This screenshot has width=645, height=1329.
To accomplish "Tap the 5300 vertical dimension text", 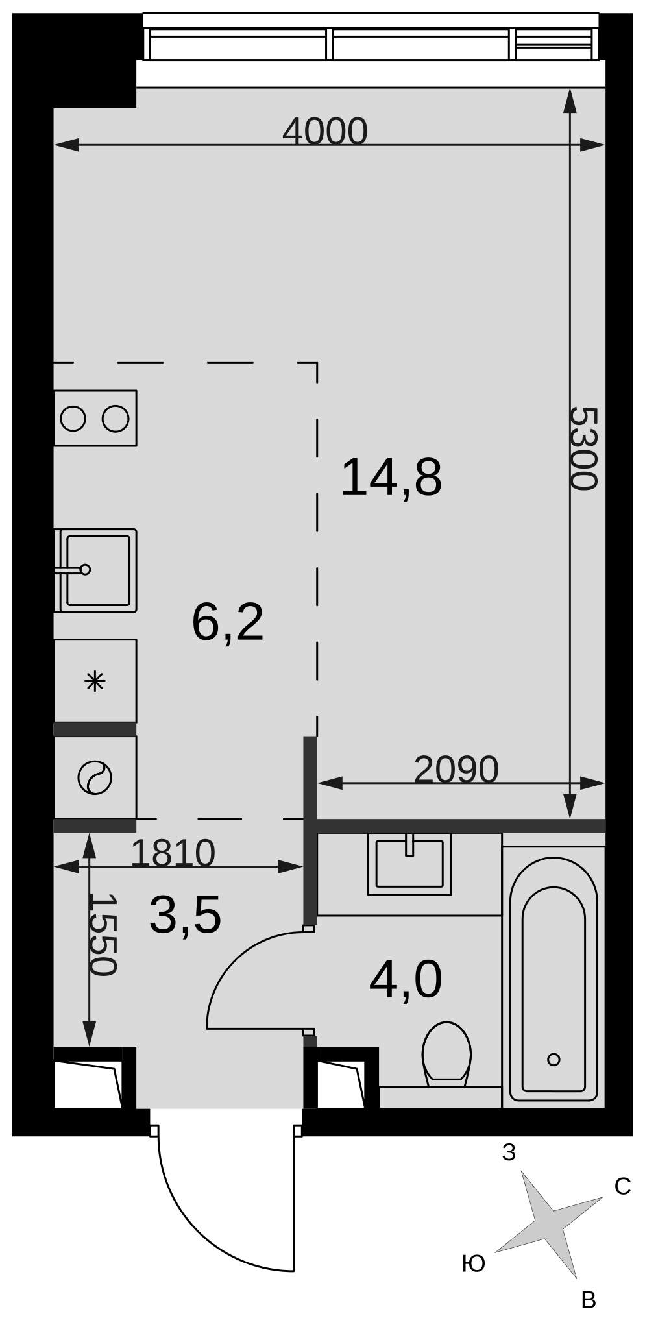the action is pos(583,448).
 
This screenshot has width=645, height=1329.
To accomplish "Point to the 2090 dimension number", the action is pos(456,770).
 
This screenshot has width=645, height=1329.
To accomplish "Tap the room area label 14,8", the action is pos(391,478).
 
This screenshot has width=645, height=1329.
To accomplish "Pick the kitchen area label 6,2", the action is pos(228,622).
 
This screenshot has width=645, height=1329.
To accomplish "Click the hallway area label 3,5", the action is pos(186,915).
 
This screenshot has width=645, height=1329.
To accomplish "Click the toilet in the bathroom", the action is pos(446,1054).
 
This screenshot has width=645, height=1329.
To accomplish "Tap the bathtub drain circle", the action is pos(554,1060).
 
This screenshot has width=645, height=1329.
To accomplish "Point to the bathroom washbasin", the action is pos(409,864).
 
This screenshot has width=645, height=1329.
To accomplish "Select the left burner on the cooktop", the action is pos(73,419).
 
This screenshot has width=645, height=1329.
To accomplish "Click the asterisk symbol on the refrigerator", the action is pos(95,681).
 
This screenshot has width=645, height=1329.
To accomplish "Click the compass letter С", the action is pos(623,1187).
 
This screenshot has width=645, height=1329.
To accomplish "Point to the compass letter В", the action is pos(589,1300).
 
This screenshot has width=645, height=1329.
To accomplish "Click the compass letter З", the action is pos(509,1152).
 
